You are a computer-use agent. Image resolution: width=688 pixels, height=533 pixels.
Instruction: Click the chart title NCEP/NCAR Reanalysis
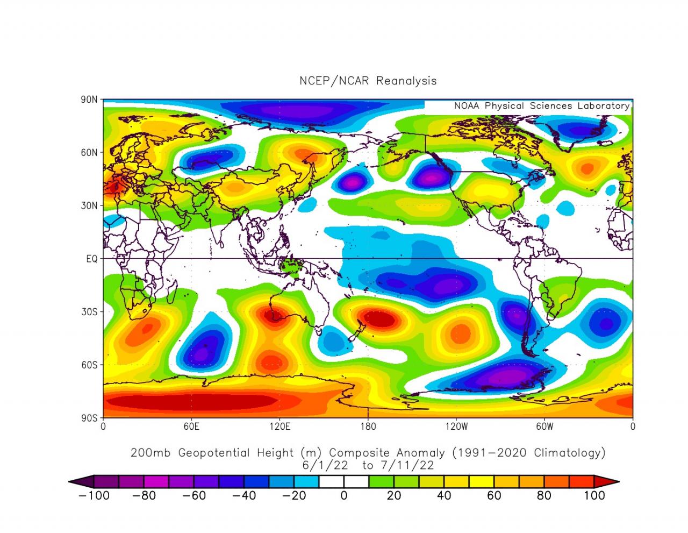368,81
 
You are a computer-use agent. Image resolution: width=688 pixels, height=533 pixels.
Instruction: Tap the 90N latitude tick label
90,100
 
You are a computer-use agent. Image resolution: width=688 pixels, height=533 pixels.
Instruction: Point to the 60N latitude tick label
90,153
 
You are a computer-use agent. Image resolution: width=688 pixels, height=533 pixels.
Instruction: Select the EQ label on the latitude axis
92,259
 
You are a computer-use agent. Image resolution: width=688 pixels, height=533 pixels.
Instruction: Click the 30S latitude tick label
90,312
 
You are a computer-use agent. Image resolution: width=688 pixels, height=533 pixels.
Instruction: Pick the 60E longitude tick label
191,427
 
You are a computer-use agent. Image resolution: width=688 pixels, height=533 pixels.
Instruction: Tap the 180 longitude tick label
368,427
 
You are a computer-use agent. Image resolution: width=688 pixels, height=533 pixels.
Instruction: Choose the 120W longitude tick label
456,427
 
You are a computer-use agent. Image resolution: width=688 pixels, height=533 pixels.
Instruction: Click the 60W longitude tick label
544,427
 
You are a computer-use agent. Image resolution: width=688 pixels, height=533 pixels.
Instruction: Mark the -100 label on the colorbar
94,495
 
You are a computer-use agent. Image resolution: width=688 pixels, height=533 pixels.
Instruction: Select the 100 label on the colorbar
594,495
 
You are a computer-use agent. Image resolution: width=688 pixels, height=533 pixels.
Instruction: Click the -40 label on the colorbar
244,495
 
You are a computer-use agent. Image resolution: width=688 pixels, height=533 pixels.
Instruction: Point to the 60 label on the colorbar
494,495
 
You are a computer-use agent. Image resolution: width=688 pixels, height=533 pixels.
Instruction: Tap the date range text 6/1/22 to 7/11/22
368,465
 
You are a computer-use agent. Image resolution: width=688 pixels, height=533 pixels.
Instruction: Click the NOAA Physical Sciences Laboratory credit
541,106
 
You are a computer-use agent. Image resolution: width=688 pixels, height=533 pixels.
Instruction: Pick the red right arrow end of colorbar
607,482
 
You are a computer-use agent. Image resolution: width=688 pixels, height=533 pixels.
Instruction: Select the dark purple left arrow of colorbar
81,482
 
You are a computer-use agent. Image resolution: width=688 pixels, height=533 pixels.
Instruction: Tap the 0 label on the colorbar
344,495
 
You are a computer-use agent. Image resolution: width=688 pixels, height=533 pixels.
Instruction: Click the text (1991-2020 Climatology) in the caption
528,453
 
